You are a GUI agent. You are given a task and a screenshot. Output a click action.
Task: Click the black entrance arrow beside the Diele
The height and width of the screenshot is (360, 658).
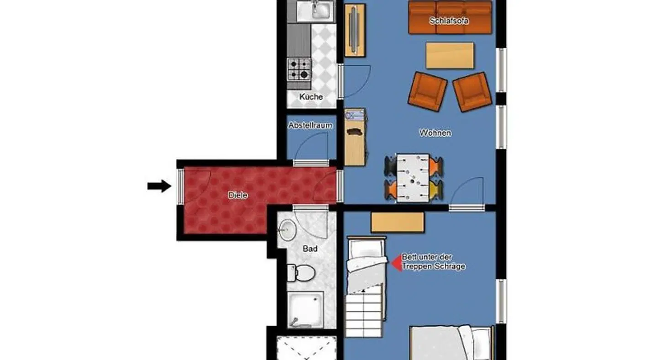(159, 186)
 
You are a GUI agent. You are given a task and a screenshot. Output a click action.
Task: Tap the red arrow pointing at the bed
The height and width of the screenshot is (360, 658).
(397, 263)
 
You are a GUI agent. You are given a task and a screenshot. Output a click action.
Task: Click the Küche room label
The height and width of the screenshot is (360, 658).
(311, 96)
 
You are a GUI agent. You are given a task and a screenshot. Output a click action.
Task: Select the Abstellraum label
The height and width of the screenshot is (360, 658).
(310, 125)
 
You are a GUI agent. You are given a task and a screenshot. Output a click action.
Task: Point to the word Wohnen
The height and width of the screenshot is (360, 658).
(435, 133)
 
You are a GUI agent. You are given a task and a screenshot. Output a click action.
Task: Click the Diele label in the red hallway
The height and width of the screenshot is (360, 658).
(238, 195)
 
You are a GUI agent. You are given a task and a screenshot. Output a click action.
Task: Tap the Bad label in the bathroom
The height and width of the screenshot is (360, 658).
(310, 249)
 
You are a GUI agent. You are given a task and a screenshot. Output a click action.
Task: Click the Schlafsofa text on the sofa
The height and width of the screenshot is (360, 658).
(449, 21)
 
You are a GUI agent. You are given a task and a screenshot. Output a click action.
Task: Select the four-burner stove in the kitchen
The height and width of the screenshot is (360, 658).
(299, 69)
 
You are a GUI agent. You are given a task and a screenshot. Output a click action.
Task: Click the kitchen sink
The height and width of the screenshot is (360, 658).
(315, 11)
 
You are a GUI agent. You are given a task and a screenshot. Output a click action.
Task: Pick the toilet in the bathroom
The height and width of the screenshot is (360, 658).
(301, 273)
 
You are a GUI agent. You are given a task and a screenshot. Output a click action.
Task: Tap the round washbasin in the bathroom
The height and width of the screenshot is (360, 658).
(287, 230)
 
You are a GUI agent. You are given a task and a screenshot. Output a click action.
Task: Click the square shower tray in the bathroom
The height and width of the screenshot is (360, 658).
(305, 310)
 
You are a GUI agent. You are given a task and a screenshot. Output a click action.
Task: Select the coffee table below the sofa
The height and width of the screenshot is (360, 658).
(450, 55)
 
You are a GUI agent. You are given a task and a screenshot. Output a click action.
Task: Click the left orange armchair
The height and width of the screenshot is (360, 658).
(427, 92)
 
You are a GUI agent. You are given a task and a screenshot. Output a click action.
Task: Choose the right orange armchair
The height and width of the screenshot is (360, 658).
(472, 92)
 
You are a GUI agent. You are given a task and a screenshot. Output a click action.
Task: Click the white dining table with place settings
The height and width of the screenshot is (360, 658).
(413, 178)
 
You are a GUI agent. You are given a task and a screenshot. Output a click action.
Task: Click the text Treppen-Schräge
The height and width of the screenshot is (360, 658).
(434, 267)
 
